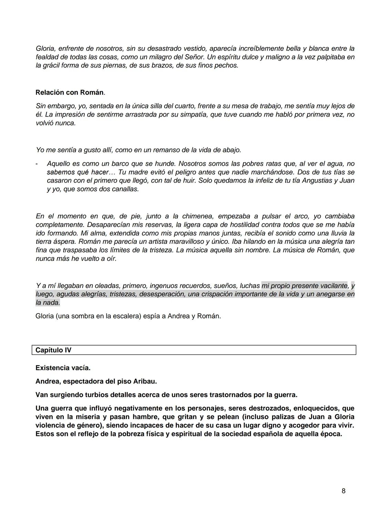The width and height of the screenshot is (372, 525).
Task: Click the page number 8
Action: tap(343, 491)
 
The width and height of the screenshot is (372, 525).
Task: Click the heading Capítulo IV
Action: tap(53, 350)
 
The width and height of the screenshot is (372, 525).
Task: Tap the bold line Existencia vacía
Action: tap(63, 368)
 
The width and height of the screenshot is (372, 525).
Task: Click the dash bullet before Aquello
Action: tap(37, 164)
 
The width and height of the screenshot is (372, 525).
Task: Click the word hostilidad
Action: tap(229, 225)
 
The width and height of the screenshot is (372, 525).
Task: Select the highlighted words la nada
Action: tap(48, 303)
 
